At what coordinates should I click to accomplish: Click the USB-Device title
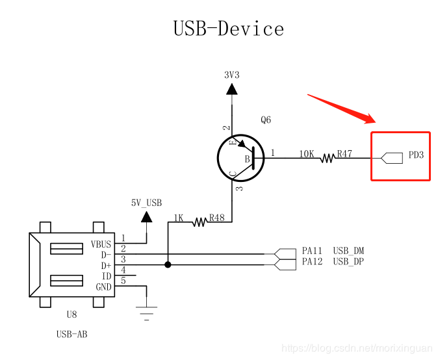(x=228, y=29)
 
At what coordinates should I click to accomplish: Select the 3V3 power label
(x=231, y=75)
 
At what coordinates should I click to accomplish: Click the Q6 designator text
(x=265, y=120)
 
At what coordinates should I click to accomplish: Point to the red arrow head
(x=370, y=119)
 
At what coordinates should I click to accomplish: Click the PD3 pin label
(x=416, y=156)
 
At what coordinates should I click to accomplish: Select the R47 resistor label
(x=344, y=155)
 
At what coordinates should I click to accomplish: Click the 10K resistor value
(x=307, y=155)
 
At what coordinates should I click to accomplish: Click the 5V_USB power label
(x=146, y=202)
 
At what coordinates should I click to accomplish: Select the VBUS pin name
(x=101, y=245)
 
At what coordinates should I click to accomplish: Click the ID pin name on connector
(x=107, y=276)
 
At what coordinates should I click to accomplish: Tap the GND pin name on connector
(x=103, y=287)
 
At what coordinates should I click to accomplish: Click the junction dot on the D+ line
(x=168, y=264)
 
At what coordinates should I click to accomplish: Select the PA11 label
(x=312, y=251)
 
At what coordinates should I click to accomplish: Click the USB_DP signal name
(x=348, y=261)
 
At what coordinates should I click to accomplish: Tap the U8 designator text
(x=71, y=315)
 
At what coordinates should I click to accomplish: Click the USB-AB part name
(x=71, y=334)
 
